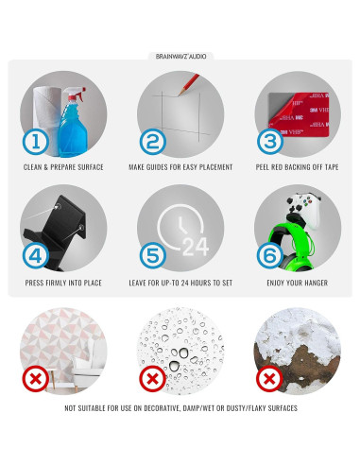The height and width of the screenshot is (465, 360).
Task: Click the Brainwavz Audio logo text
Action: pyautogui.click(x=180, y=57)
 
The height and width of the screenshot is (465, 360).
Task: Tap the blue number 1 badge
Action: pyautogui.click(x=36, y=142)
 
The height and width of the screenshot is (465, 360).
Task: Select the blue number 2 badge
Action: pyautogui.click(x=153, y=142)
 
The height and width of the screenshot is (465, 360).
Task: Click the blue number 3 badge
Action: pyautogui.click(x=270, y=142)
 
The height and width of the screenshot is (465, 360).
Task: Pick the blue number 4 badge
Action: pyautogui.click(x=36, y=255)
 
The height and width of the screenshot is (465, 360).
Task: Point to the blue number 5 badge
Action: pyautogui.click(x=153, y=255)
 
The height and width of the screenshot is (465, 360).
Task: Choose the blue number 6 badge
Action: pyautogui.click(x=270, y=255)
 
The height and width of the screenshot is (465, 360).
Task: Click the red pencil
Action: pyautogui.click(x=189, y=84)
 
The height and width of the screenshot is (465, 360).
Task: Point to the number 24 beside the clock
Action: pyautogui.click(x=196, y=247)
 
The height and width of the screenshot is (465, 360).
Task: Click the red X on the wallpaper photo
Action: pyautogui.click(x=36, y=378)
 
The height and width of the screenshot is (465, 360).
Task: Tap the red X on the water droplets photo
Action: pyautogui.click(x=153, y=378)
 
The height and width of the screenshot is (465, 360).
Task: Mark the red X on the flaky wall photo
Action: pyautogui.click(x=270, y=378)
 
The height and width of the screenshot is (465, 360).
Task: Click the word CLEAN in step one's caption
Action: pyautogui.click(x=33, y=167)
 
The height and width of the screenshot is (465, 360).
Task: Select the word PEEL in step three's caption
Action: pyautogui.click(x=263, y=167)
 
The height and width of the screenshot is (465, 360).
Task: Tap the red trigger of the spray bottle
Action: pyautogui.click(x=78, y=94)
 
